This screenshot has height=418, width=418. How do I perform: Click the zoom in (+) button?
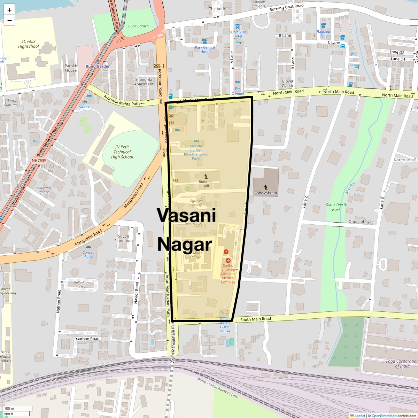[x=9, y=10]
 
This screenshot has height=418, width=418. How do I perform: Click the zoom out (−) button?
[x=9, y=21]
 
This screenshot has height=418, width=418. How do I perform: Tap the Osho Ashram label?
[x=265, y=193]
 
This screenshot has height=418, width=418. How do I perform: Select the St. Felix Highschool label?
[x=29, y=44]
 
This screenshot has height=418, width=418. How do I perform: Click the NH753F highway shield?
[x=39, y=161]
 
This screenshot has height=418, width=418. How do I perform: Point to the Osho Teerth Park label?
[x=336, y=207]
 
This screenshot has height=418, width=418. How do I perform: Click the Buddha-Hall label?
[x=206, y=184]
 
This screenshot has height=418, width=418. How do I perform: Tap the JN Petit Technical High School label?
[x=122, y=152]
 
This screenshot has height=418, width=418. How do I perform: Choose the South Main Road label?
[x=255, y=319]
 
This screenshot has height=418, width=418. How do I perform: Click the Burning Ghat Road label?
[x=286, y=7]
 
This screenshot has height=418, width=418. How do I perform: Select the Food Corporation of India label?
[x=402, y=364]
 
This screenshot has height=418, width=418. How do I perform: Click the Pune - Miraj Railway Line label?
[x=218, y=388]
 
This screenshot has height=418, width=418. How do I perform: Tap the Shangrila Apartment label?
[x=144, y=82]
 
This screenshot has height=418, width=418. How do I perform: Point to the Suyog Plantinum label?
[x=124, y=239]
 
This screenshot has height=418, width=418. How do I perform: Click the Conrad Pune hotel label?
[x=88, y=254]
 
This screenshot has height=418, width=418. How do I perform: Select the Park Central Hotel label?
[x=205, y=49]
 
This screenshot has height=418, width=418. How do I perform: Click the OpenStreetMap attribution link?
[x=384, y=416]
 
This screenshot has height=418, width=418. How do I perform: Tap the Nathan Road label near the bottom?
[x=88, y=339]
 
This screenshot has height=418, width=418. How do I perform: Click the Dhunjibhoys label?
[x=360, y=222]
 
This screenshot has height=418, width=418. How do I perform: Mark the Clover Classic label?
[x=288, y=83]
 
